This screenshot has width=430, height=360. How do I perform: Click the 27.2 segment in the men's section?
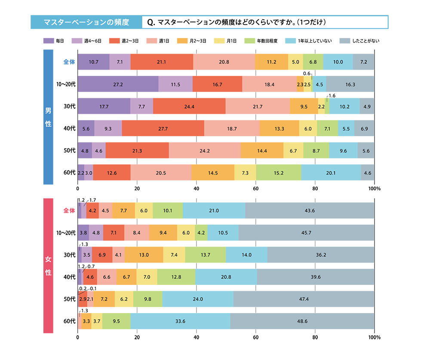click(x=118, y=85)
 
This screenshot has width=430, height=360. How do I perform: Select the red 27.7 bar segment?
click(x=163, y=129)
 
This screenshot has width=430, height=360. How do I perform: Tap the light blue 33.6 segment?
click(x=181, y=321)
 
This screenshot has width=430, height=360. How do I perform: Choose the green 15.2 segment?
click(x=278, y=173)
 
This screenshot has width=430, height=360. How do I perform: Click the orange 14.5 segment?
click(x=212, y=173)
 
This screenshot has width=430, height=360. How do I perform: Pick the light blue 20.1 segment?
click(x=330, y=173)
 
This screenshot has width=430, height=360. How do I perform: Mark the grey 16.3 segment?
click(x=350, y=85)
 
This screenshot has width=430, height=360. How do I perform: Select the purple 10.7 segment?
click(x=93, y=62)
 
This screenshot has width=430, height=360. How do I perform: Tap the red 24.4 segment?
click(x=189, y=107)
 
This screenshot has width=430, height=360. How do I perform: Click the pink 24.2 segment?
click(x=205, y=151)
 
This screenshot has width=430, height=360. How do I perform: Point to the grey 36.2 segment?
click(x=321, y=255)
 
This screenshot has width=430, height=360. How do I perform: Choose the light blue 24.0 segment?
click(x=198, y=299)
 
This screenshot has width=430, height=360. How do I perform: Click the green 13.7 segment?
click(x=206, y=255)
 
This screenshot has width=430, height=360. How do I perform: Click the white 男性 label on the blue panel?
click(x=48, y=117)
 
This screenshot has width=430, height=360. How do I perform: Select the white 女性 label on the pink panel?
click(x=48, y=265)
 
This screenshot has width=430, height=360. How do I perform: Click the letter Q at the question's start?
click(x=150, y=22)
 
